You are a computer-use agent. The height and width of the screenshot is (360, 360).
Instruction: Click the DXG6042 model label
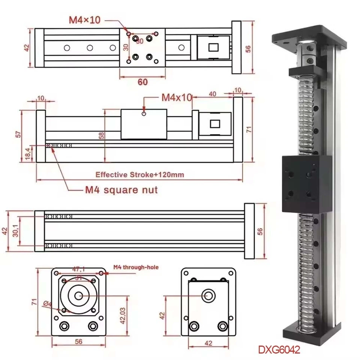[x=279, y=349]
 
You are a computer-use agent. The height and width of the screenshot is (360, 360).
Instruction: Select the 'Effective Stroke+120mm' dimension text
[x=139, y=174]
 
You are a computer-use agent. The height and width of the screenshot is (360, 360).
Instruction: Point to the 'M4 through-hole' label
[x=136, y=267]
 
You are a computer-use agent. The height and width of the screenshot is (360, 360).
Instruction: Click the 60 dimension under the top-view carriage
[x=142, y=82]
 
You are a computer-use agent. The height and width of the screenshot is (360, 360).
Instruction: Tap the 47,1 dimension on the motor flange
[x=79, y=269]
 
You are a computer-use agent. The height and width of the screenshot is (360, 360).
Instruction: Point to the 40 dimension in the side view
[x=212, y=94]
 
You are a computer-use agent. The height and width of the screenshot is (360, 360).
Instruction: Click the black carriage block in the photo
[x=306, y=184]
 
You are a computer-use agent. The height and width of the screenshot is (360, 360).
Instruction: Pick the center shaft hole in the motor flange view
[x=78, y=296]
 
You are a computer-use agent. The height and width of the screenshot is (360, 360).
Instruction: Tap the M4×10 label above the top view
[x=84, y=20]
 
